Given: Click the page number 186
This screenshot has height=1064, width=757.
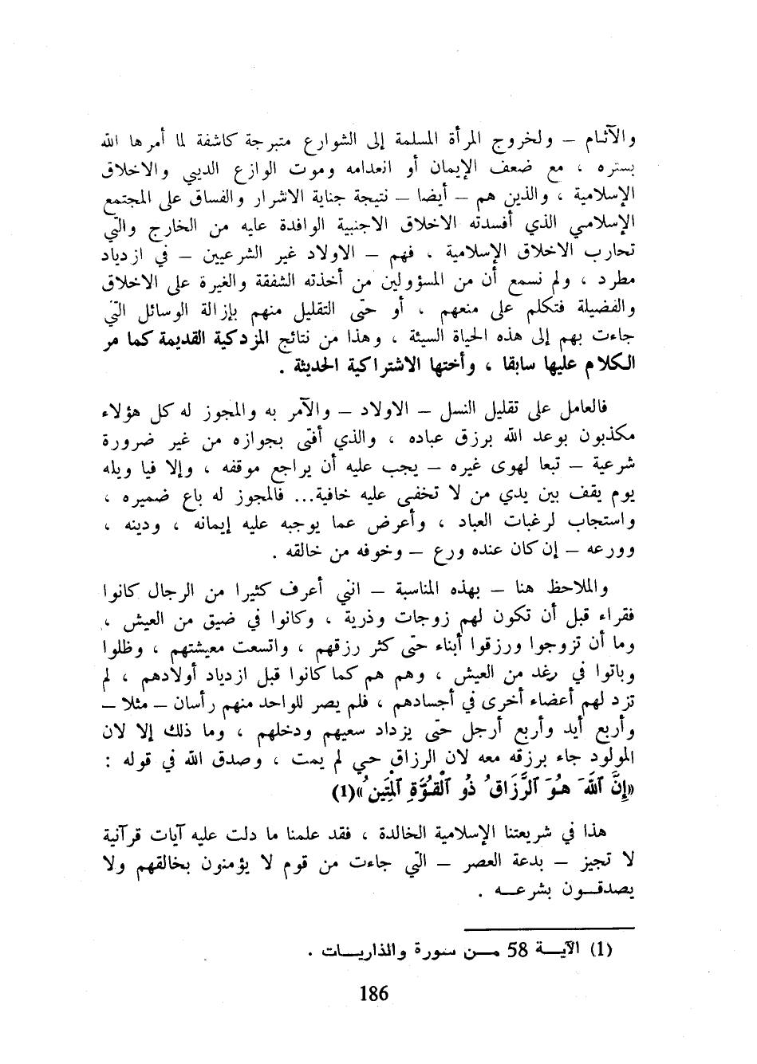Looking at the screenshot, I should pyautogui.click(x=374, y=994).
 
